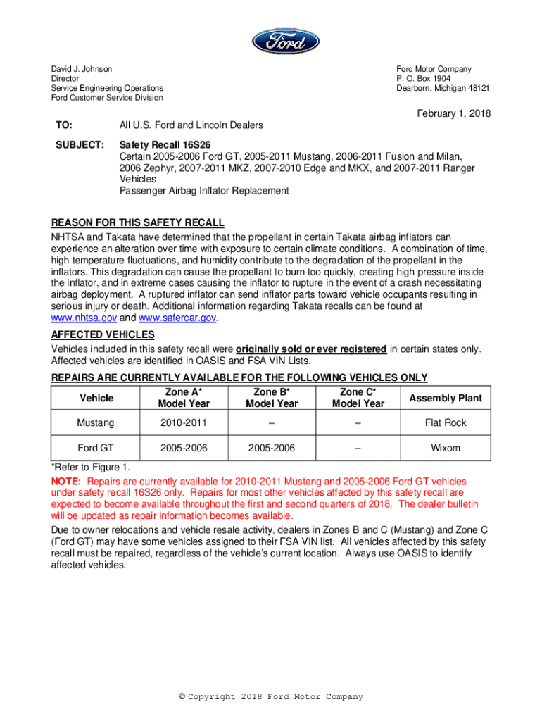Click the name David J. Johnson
[81, 69]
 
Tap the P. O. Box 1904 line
[424, 79]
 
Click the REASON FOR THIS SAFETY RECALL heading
[137, 223]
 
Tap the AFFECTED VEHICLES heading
[103, 334]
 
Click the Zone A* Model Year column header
[183, 398]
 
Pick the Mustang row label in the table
[96, 423]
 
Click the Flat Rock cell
[446, 423]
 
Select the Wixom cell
[446, 448]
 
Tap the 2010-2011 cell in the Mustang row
[183, 423]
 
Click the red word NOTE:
[67, 482]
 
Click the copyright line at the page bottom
[271, 697]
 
